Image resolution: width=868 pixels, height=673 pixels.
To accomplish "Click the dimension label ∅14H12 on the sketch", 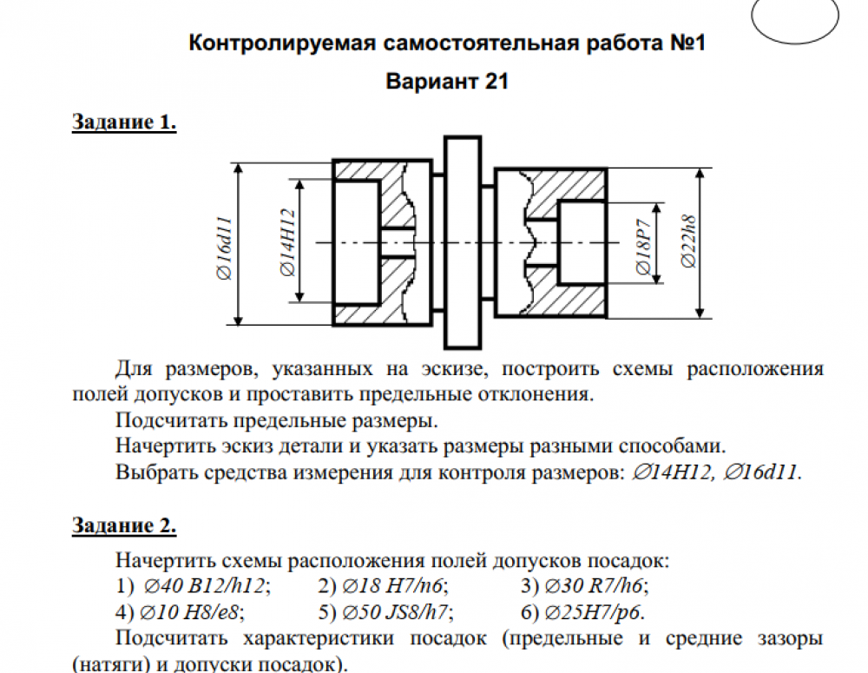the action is [x=289, y=242].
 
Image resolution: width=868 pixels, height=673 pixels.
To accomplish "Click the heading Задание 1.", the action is [x=124, y=122].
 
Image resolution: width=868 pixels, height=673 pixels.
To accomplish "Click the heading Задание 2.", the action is [x=124, y=525].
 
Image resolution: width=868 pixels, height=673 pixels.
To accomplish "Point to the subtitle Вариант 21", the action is [x=446, y=82].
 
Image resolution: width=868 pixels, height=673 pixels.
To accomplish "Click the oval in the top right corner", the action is [x=794, y=19].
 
